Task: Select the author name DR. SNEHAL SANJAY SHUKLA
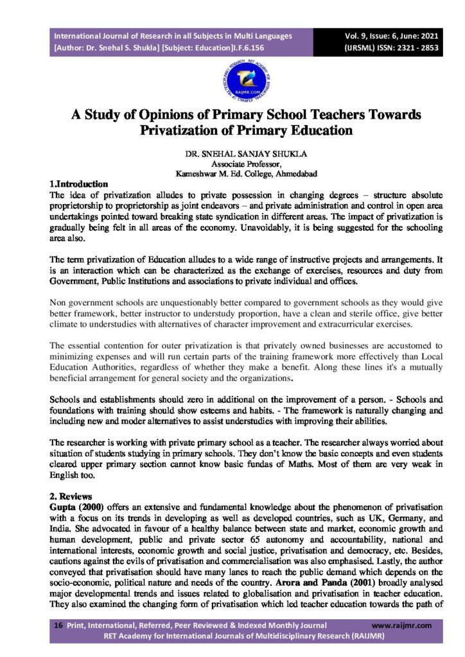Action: (x=232, y=154)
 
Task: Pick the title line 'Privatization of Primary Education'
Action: (x=247, y=130)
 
